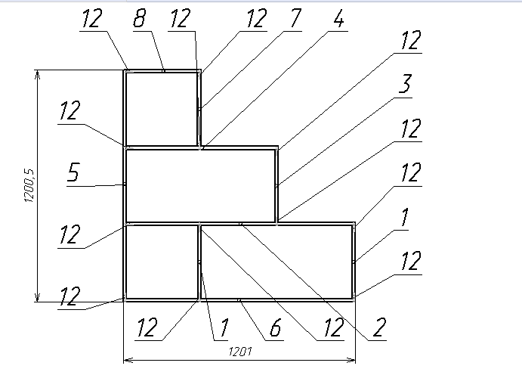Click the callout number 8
(x=140, y=18)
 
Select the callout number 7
(x=295, y=18)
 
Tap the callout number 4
(x=338, y=18)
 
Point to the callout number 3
(x=405, y=83)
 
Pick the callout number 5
(x=73, y=172)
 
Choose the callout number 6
(x=276, y=327)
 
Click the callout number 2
(x=379, y=327)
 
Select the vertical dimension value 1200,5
(x=29, y=185)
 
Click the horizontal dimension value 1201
(x=240, y=352)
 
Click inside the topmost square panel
(x=162, y=109)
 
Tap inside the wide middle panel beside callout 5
(x=201, y=186)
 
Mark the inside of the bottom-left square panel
(x=162, y=262)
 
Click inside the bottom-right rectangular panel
(x=276, y=262)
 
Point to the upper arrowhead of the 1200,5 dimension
(x=37, y=74)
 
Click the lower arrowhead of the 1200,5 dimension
(x=37, y=298)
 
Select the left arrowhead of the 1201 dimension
(x=128, y=360)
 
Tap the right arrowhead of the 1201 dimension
(x=351, y=360)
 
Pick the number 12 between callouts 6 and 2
(x=333, y=327)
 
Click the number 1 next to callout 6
(x=224, y=327)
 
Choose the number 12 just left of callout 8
(x=91, y=18)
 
